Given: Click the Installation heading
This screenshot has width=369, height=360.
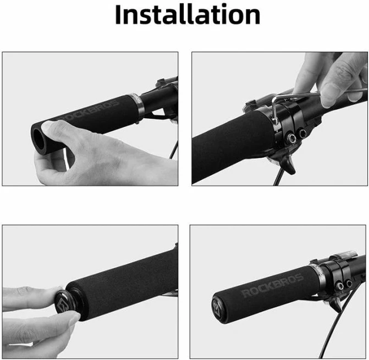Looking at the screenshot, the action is point(188,15).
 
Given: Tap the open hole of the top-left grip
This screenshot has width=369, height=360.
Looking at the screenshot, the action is point(39,140).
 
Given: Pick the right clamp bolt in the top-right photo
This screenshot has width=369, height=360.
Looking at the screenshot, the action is point(302,134).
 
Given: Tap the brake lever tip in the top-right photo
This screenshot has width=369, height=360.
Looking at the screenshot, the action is point(291,169).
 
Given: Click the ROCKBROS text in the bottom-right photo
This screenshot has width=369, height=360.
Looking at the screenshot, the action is point(273,285).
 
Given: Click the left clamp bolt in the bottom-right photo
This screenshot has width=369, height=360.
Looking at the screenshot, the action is point(340,286).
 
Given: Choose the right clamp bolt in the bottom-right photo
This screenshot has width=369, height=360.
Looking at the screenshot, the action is point(349,284).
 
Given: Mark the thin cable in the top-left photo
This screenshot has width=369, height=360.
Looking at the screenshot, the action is point(173,150).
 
